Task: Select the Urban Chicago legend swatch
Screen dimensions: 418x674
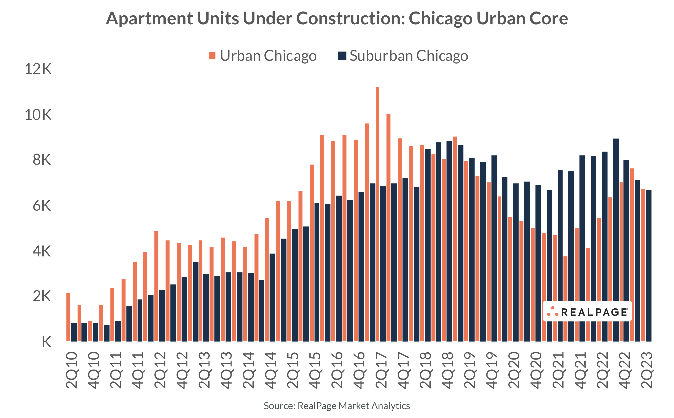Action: [212, 56]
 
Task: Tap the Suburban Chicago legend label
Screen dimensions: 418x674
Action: [409, 56]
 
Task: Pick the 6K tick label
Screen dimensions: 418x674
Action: [42, 206]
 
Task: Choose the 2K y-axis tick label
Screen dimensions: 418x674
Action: [42, 296]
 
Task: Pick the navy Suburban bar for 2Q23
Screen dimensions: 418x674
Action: [649, 265]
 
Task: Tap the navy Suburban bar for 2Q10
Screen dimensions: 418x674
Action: [74, 332]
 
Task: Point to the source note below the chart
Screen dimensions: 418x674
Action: [337, 406]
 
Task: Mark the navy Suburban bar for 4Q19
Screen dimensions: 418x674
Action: [494, 249]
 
